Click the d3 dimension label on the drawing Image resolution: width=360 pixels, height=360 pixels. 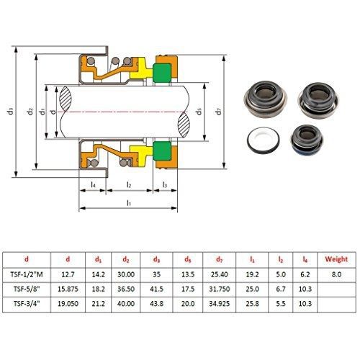click(11, 112)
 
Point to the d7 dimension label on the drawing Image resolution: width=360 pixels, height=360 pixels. click(218, 112)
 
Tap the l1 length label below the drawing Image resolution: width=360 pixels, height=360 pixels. click(129, 203)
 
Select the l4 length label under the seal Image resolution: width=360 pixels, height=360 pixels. click(94, 184)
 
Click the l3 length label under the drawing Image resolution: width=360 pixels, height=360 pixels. click(165, 184)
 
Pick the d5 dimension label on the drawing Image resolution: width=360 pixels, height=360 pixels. click(199, 112)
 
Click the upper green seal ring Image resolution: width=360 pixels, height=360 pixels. click(162, 73)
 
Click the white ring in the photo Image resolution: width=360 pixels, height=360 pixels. click(264, 139)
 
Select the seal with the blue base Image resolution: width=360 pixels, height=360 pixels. click(307, 140)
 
